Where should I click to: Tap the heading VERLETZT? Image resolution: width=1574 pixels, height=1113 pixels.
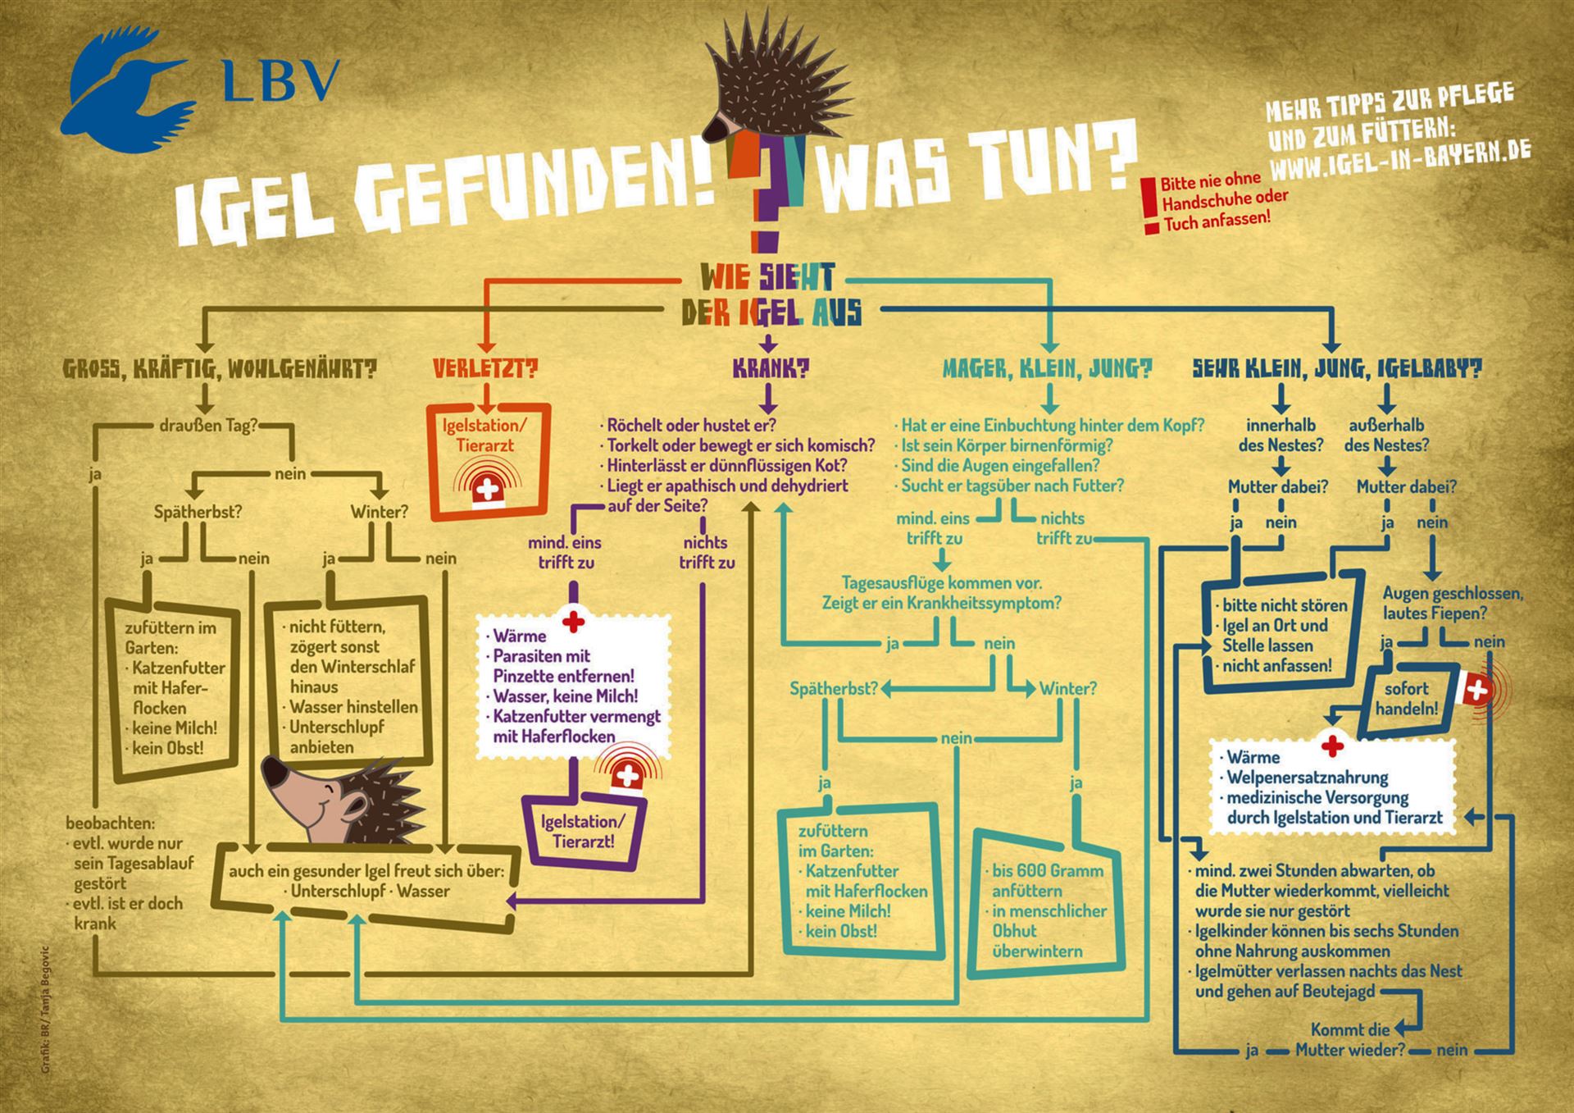tap(485, 369)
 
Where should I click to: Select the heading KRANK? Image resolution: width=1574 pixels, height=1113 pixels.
tap(770, 369)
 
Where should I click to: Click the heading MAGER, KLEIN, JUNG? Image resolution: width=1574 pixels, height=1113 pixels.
tap(1047, 369)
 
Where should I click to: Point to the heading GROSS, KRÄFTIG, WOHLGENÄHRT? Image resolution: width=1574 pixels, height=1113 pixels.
tap(221, 369)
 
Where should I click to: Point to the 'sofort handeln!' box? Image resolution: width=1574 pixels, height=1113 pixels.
tap(1407, 698)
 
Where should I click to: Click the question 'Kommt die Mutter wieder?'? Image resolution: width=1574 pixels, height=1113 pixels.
tap(1350, 1039)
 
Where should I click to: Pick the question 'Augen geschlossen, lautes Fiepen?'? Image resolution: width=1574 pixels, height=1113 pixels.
tap(1453, 603)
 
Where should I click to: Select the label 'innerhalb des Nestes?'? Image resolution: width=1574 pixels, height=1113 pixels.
tap(1281, 436)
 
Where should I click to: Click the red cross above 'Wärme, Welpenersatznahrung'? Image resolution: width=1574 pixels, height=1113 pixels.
tap(1333, 746)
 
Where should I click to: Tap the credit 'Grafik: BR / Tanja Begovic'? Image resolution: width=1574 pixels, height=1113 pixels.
tap(45, 1010)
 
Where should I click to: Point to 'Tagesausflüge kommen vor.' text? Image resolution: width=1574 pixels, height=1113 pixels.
tap(942, 583)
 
